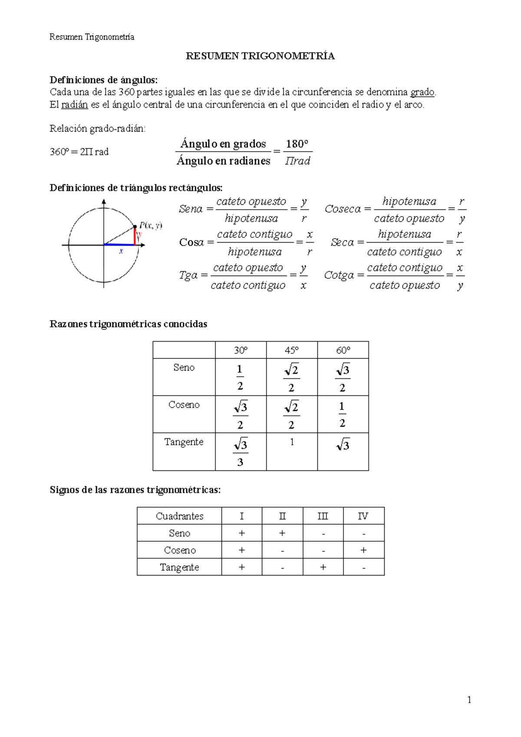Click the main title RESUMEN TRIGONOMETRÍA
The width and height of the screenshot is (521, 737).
(x=260, y=56)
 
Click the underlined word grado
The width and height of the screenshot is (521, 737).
(x=422, y=92)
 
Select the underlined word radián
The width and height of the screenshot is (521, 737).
(x=75, y=105)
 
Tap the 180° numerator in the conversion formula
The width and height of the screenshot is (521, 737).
(x=297, y=144)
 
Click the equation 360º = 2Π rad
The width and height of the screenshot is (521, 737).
(x=79, y=152)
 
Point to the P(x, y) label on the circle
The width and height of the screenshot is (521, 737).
(x=151, y=225)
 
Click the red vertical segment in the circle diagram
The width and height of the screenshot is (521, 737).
(x=135, y=237)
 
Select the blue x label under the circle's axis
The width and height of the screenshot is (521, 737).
(x=121, y=251)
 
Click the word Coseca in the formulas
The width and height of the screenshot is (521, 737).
(x=343, y=209)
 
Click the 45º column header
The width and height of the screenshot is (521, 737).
(x=292, y=350)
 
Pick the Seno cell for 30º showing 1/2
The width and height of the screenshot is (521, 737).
(x=240, y=377)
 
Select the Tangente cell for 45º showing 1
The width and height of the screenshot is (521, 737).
(x=292, y=442)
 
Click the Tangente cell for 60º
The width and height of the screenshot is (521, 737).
(x=343, y=445)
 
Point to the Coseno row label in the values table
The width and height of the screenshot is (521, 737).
(x=184, y=405)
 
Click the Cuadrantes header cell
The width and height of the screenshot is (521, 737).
(x=179, y=516)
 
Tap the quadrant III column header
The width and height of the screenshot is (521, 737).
(x=323, y=516)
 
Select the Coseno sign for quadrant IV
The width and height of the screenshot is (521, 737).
(x=363, y=550)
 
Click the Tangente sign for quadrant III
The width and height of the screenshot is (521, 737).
(x=323, y=567)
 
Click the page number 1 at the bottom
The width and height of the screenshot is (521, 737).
(x=469, y=699)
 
